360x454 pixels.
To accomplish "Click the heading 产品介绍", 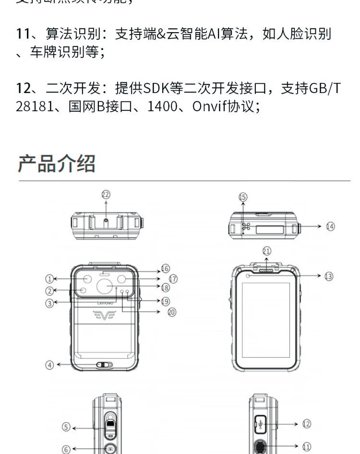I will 57,163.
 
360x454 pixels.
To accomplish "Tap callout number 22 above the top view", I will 106,194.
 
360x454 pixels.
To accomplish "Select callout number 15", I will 243,197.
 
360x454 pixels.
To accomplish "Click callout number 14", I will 330,226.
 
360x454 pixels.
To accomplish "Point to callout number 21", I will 267,251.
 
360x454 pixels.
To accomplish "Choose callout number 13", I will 328,276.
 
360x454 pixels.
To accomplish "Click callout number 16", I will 165,268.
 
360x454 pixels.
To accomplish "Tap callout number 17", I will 173,279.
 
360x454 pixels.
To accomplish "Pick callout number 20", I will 172,312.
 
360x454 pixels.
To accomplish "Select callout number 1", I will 49,279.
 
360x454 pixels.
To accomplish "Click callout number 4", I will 50,365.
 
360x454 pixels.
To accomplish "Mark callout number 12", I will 307,424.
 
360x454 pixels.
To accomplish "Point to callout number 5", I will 67,427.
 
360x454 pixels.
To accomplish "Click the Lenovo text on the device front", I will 106,303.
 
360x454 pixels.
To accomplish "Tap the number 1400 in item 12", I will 162,106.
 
